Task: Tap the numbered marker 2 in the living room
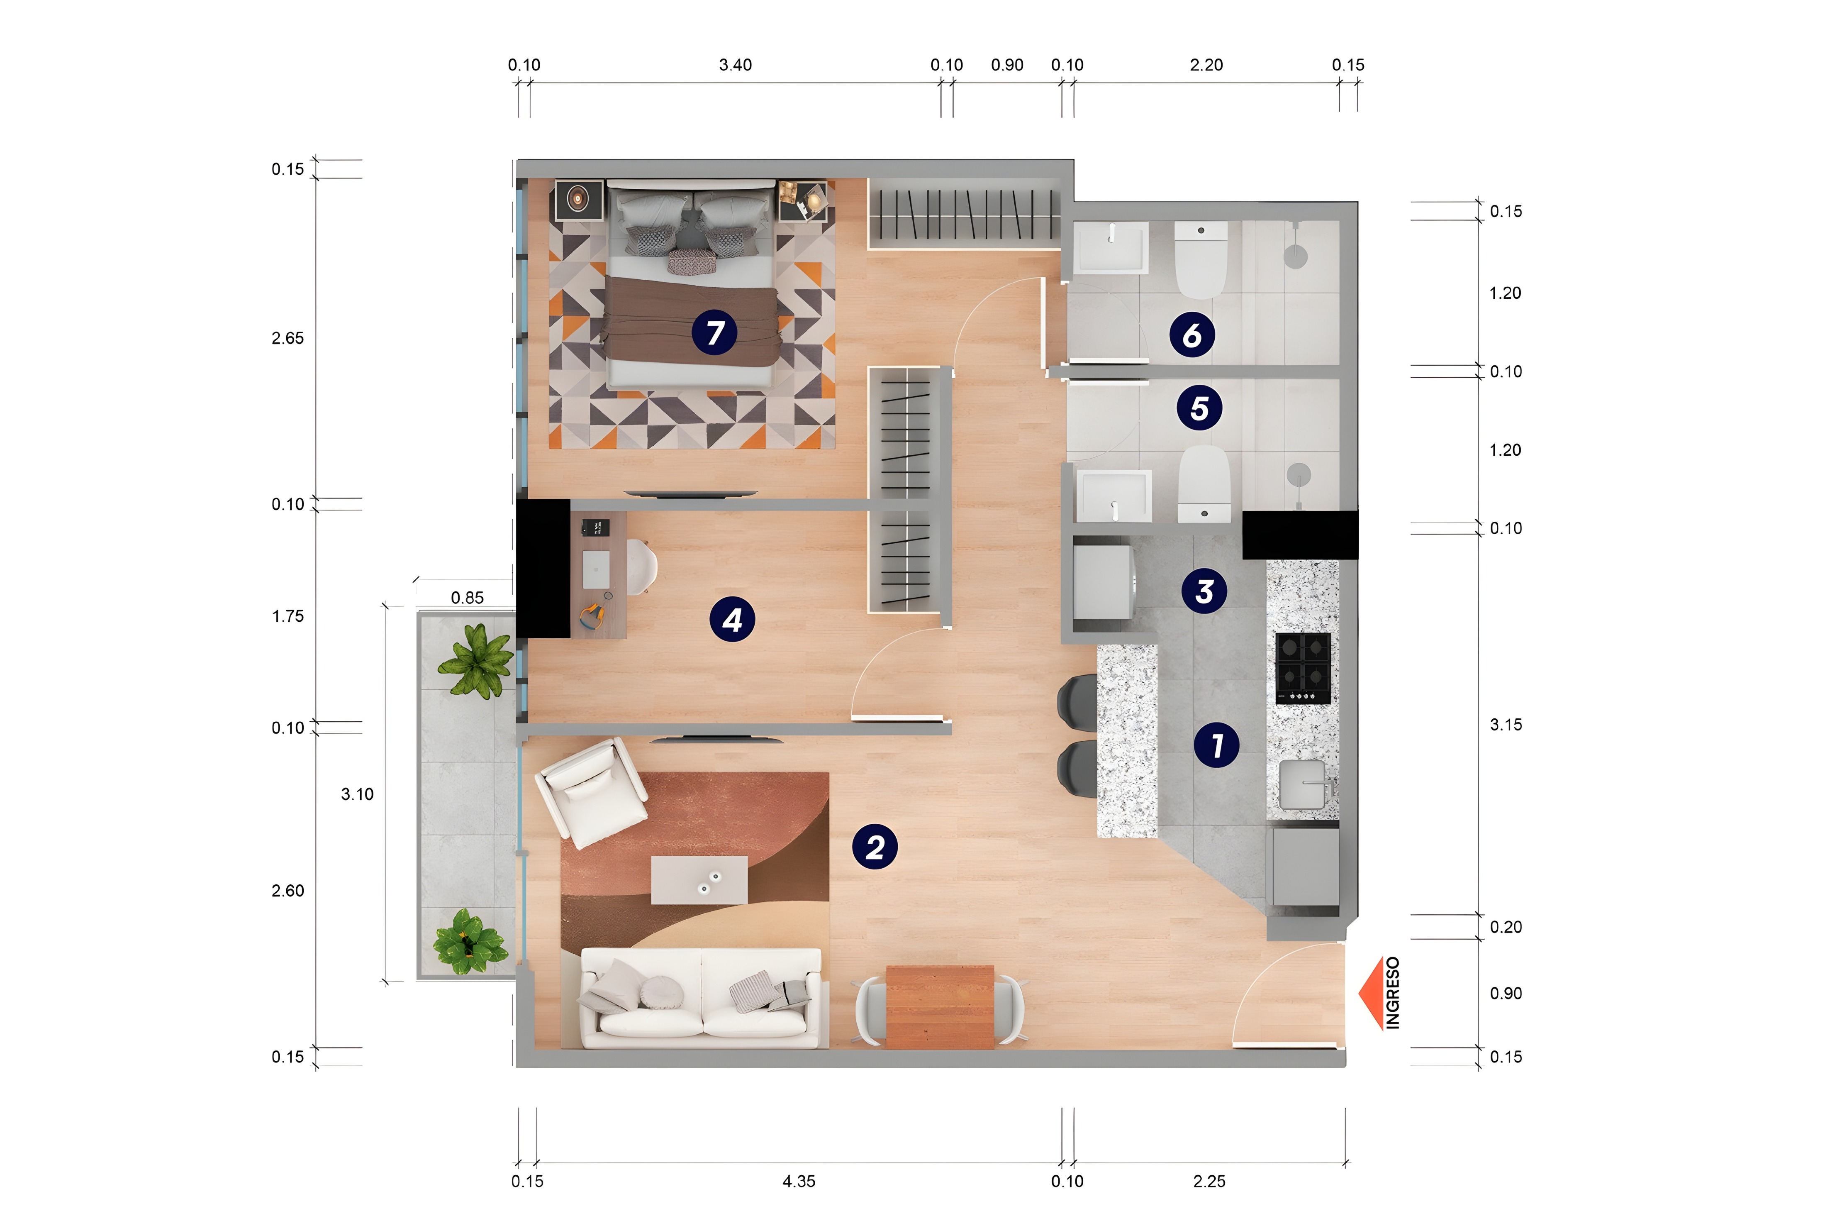875,847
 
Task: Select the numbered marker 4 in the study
732,620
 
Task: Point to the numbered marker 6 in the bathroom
1192,335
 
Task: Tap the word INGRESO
1392,993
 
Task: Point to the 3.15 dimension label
1505,725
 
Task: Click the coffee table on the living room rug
699,880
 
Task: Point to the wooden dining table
939,1007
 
